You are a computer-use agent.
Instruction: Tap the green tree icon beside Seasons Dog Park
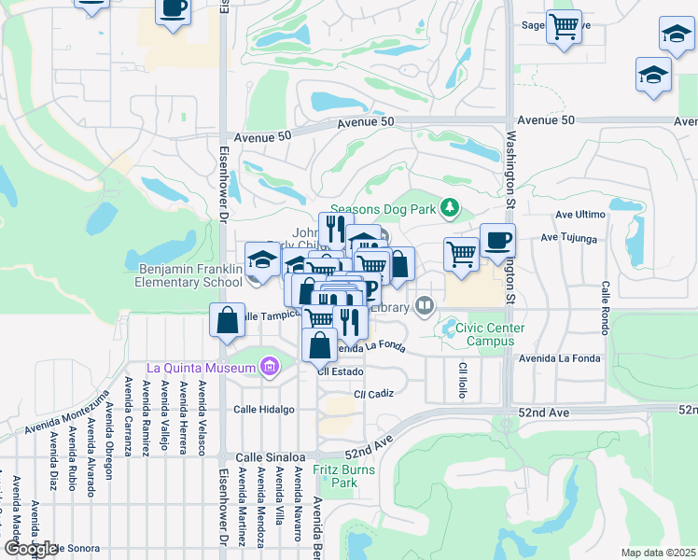451,206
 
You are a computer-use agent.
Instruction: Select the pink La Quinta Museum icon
270,367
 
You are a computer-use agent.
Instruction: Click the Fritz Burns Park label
344,476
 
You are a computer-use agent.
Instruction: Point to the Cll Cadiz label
373,394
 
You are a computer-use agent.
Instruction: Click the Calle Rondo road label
606,307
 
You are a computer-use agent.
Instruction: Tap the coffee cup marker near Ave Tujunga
497,241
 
